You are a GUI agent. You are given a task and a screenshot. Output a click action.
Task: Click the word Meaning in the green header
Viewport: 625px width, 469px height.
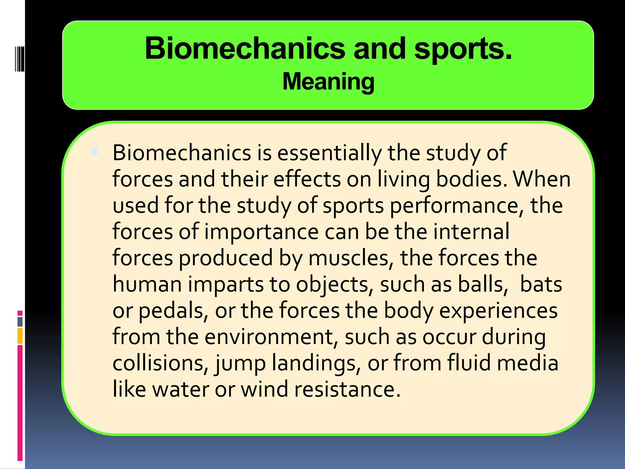pyautogui.click(x=328, y=82)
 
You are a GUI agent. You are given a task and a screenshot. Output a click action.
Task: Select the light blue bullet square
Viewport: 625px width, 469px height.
pyautogui.click(x=94, y=152)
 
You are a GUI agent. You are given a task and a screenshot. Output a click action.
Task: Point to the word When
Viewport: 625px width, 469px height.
pyautogui.click(x=542, y=179)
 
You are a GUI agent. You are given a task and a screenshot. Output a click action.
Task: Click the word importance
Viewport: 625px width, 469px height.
pyautogui.click(x=262, y=231)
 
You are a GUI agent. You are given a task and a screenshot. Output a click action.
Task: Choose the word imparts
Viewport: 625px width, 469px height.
pyautogui.click(x=226, y=284)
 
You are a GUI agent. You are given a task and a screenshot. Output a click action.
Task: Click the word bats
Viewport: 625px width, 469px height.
pyautogui.click(x=541, y=284)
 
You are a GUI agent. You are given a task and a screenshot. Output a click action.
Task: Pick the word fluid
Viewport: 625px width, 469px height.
pyautogui.click(x=470, y=363)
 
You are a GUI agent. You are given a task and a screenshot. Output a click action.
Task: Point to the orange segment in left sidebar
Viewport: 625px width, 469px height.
pyautogui.click(x=20, y=336)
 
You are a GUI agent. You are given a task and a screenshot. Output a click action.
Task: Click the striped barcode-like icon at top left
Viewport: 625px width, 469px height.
pyautogui.click(x=20, y=59)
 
